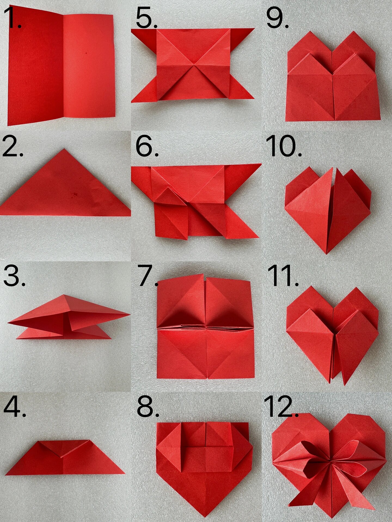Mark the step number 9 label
pyautogui.click(x=277, y=17)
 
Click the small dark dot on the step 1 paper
pyautogui.click(x=87, y=53)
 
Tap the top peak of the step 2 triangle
pyautogui.click(x=64, y=149)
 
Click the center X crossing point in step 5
pyautogui.click(x=194, y=65)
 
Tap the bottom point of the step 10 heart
pyautogui.click(x=327, y=253)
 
